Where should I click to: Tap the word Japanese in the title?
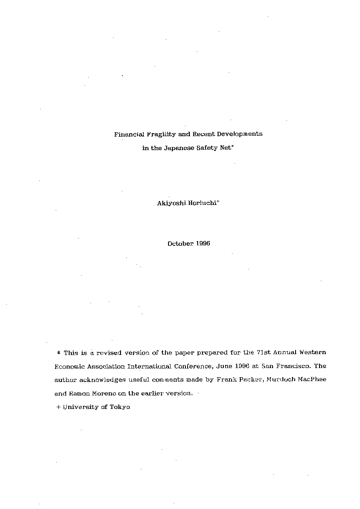tap(178, 148)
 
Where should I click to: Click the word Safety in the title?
tap(206, 148)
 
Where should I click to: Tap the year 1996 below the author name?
tap(203, 244)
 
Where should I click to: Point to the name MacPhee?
tap(310, 380)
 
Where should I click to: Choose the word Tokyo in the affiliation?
tap(120, 408)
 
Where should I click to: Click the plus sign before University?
tap(58, 408)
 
